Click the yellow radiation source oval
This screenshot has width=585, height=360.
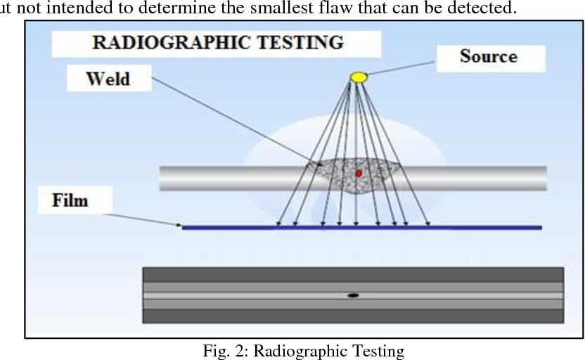pyautogui.click(x=359, y=77)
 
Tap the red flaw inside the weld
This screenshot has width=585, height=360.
pyautogui.click(x=359, y=173)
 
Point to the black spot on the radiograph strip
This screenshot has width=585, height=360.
pyautogui.click(x=353, y=295)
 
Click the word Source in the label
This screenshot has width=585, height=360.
pyautogui.click(x=489, y=57)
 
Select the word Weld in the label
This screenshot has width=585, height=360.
pyautogui.click(x=108, y=79)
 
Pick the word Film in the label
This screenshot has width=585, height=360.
pyautogui.click(x=70, y=200)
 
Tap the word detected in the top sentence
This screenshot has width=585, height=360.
pyautogui.click(x=482, y=8)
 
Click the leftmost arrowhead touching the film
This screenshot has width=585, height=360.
pyautogui.click(x=278, y=224)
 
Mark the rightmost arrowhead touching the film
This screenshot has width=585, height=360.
pyautogui.click(x=428, y=224)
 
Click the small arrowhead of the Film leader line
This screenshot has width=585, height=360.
pyautogui.click(x=179, y=225)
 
